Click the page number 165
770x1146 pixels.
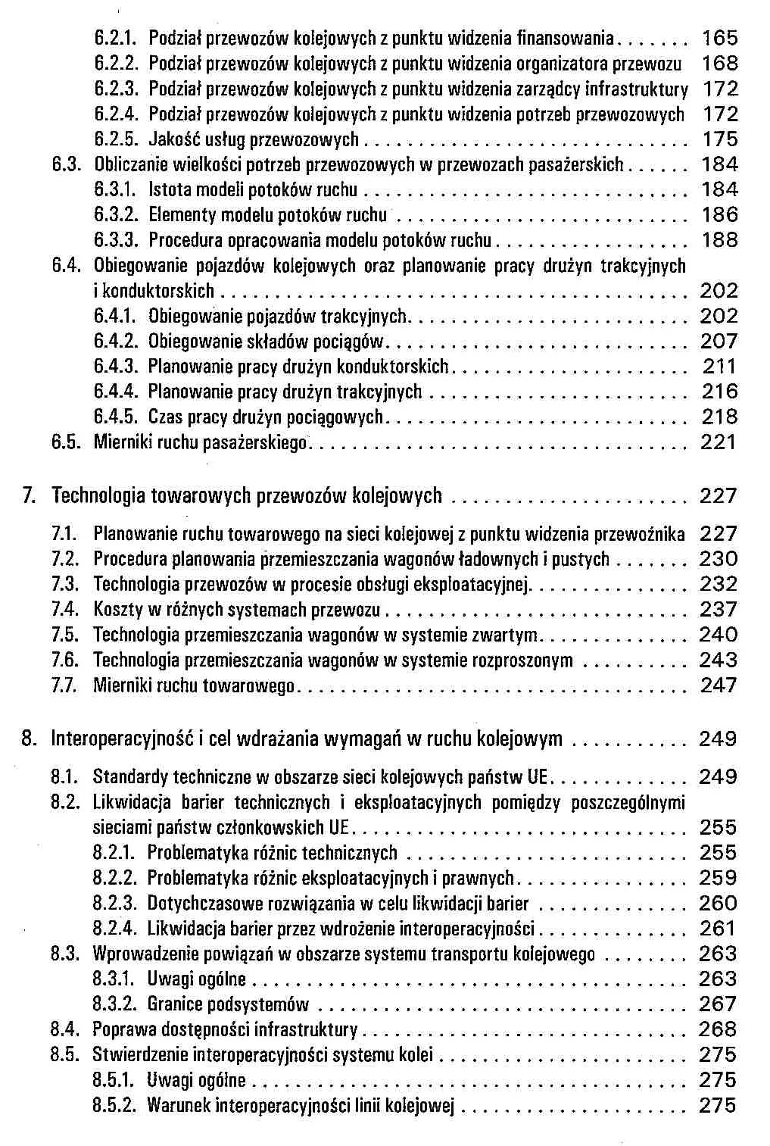719,38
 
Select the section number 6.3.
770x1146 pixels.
65,164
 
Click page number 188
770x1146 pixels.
719,240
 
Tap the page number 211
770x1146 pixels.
719,367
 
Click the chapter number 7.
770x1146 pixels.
29,496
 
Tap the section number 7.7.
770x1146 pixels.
65,685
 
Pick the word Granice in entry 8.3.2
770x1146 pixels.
175,1004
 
